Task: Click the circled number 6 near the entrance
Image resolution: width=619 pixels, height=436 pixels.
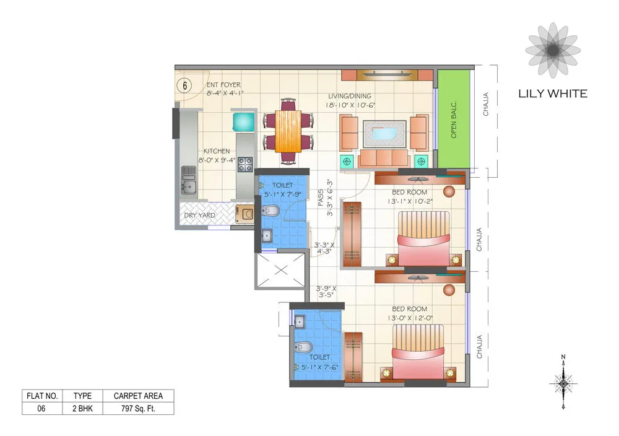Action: click(x=184, y=85)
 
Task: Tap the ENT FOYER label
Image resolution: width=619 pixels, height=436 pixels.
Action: click(x=223, y=85)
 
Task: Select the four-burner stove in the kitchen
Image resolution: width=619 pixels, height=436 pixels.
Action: click(x=245, y=164)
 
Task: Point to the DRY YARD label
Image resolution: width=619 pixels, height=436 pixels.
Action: click(x=200, y=215)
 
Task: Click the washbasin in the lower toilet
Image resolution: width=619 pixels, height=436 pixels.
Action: click(x=299, y=321)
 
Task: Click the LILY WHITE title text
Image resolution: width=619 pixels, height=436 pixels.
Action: click(x=552, y=94)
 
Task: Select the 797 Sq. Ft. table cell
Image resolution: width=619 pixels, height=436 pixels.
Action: click(x=138, y=408)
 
